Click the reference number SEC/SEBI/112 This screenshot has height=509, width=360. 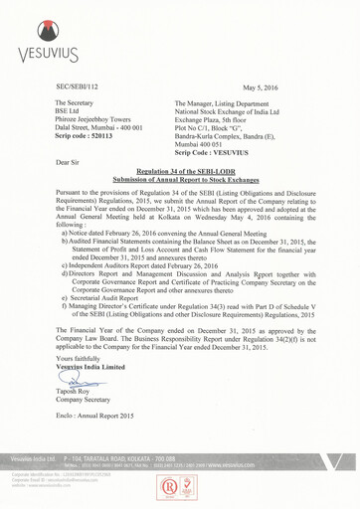click(x=83, y=87)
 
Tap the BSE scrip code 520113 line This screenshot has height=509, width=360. click(x=86, y=134)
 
